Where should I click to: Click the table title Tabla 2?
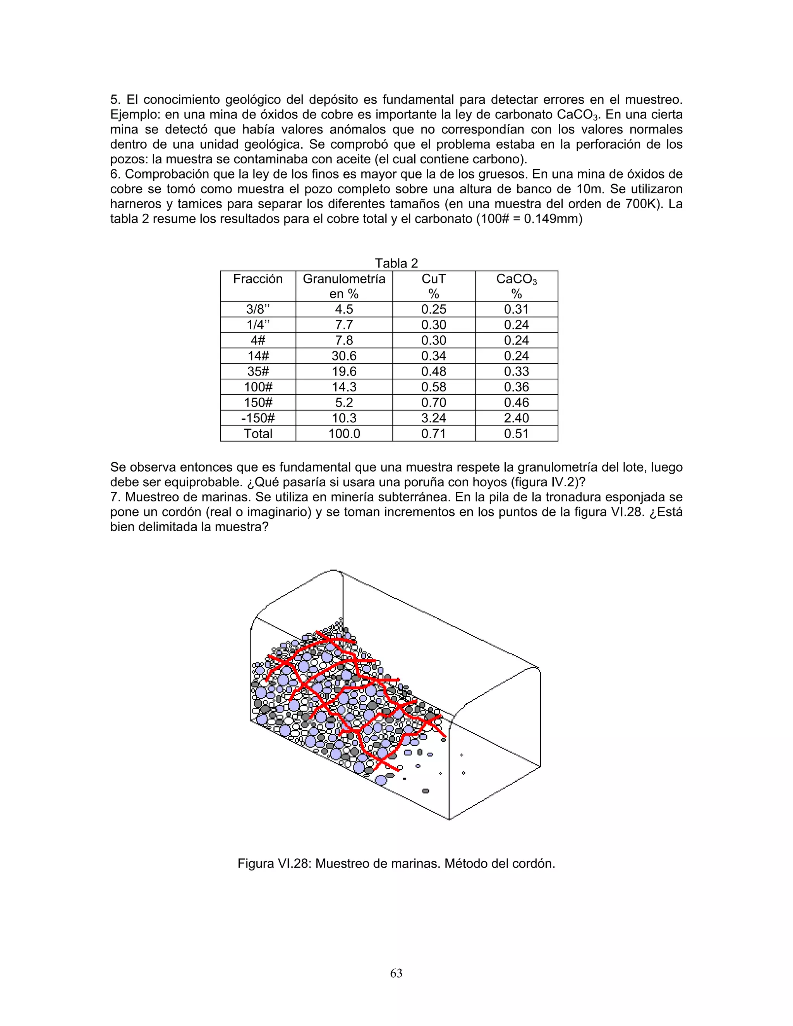[x=396, y=263]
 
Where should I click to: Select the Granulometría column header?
[x=344, y=286]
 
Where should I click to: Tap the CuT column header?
[x=433, y=286]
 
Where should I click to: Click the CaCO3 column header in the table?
[x=516, y=286]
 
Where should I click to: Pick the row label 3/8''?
[x=258, y=309]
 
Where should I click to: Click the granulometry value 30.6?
[x=344, y=356]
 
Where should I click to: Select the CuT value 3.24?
[x=433, y=418]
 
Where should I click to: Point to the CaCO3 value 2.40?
[x=516, y=418]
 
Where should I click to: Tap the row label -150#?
[x=258, y=418]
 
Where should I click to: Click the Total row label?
[x=258, y=434]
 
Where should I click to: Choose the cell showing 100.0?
[x=344, y=434]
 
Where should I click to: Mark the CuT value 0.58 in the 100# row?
[x=433, y=387]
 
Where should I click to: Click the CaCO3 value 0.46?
[x=516, y=403]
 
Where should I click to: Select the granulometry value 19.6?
[x=344, y=371]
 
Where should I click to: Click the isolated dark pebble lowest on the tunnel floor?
[x=426, y=791]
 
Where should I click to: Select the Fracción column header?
[x=258, y=279]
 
